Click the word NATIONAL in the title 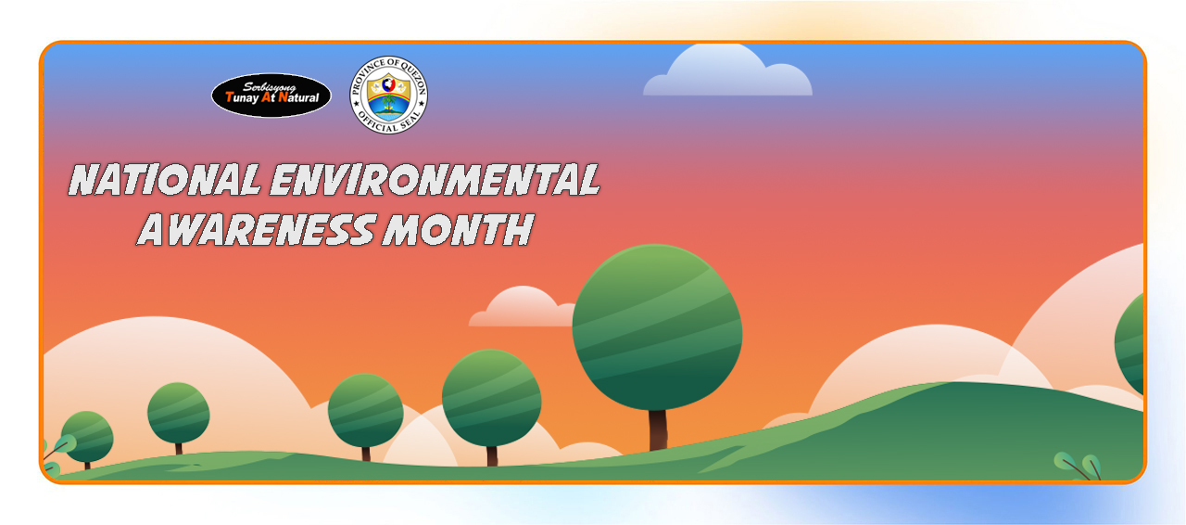pos(165,180)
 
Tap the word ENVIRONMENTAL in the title pos(435,180)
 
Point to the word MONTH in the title pos(458,230)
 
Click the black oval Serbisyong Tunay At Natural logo pos(271,96)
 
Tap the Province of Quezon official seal pos(388,95)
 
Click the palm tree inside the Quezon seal pos(389,103)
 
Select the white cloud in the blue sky pos(727,71)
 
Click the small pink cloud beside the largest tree pos(522,308)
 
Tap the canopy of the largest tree pos(657,327)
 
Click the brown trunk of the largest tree pos(658,430)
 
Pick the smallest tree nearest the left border pos(87,437)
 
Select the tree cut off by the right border pos(1129,345)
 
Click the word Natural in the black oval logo pos(298,97)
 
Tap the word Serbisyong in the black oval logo pos(269,86)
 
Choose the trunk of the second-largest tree pos(492,456)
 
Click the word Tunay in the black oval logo pos(242,98)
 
